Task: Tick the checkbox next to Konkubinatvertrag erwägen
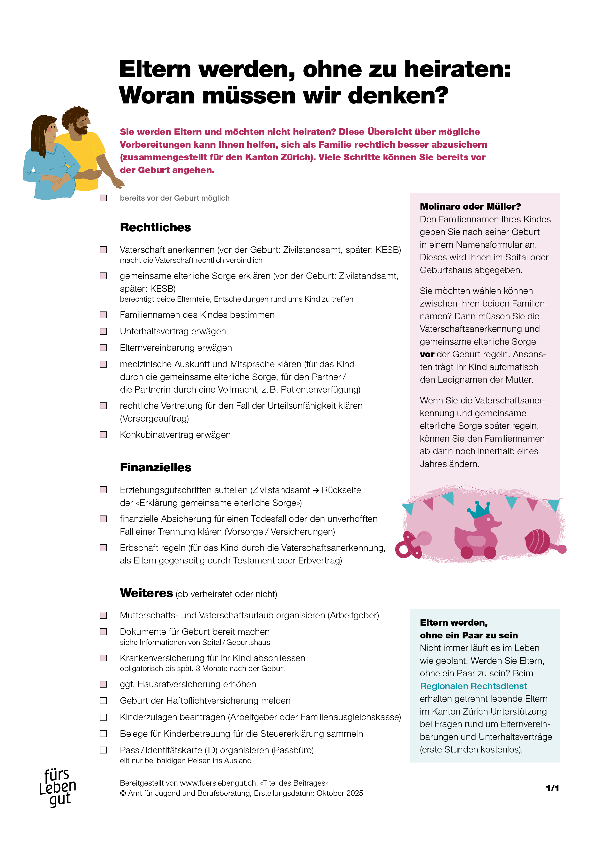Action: (104, 435)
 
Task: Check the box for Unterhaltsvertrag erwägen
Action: (104, 331)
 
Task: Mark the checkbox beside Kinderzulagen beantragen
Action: (104, 717)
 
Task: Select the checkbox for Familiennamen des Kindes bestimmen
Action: (104, 315)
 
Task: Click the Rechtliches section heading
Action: (155, 227)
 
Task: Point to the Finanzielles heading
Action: (156, 467)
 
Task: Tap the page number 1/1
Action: (552, 788)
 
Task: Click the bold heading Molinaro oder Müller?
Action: (470, 206)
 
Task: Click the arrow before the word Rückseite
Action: (316, 490)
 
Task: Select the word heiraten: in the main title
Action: (457, 69)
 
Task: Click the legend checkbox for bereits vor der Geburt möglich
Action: (104, 198)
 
